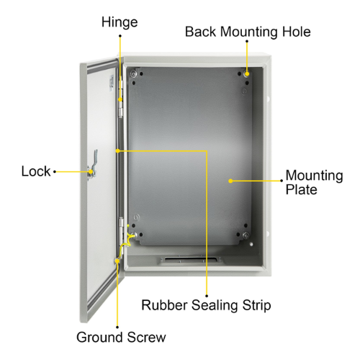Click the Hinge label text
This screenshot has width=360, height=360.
[x=120, y=23]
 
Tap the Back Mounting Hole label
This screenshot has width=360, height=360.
[x=248, y=32]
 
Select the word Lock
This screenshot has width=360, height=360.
[x=36, y=171]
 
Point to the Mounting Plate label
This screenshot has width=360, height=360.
[x=314, y=182]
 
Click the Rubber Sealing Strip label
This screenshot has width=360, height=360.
[x=206, y=305]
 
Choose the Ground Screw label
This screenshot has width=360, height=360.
[x=121, y=337]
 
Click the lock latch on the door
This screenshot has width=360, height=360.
[x=92, y=166]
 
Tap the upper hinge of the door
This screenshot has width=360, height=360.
[x=121, y=99]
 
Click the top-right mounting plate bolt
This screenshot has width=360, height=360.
[x=246, y=73]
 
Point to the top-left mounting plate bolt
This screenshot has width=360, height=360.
[x=133, y=74]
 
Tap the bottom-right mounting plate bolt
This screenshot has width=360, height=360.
[x=246, y=235]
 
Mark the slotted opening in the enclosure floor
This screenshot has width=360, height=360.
[x=192, y=259]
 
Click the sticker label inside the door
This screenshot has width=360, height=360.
[x=111, y=84]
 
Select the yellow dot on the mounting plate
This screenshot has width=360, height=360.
[x=230, y=181]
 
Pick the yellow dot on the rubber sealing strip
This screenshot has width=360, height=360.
[x=117, y=151]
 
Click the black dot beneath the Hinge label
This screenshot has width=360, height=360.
[x=120, y=36]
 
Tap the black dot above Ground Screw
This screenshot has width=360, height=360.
[x=117, y=327]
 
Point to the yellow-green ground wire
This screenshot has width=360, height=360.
[x=126, y=243]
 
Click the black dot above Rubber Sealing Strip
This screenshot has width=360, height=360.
[x=207, y=296]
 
